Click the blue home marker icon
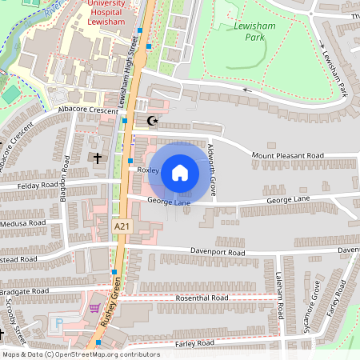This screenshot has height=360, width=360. [x=180, y=171]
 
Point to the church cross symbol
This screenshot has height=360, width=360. [x=98, y=158]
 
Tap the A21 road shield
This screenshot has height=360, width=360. [x=122, y=227]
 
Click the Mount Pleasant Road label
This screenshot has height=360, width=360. [x=287, y=155]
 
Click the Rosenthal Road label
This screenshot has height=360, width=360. [x=202, y=298]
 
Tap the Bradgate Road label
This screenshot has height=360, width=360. [x=26, y=291]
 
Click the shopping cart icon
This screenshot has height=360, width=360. [x=96, y=307]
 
